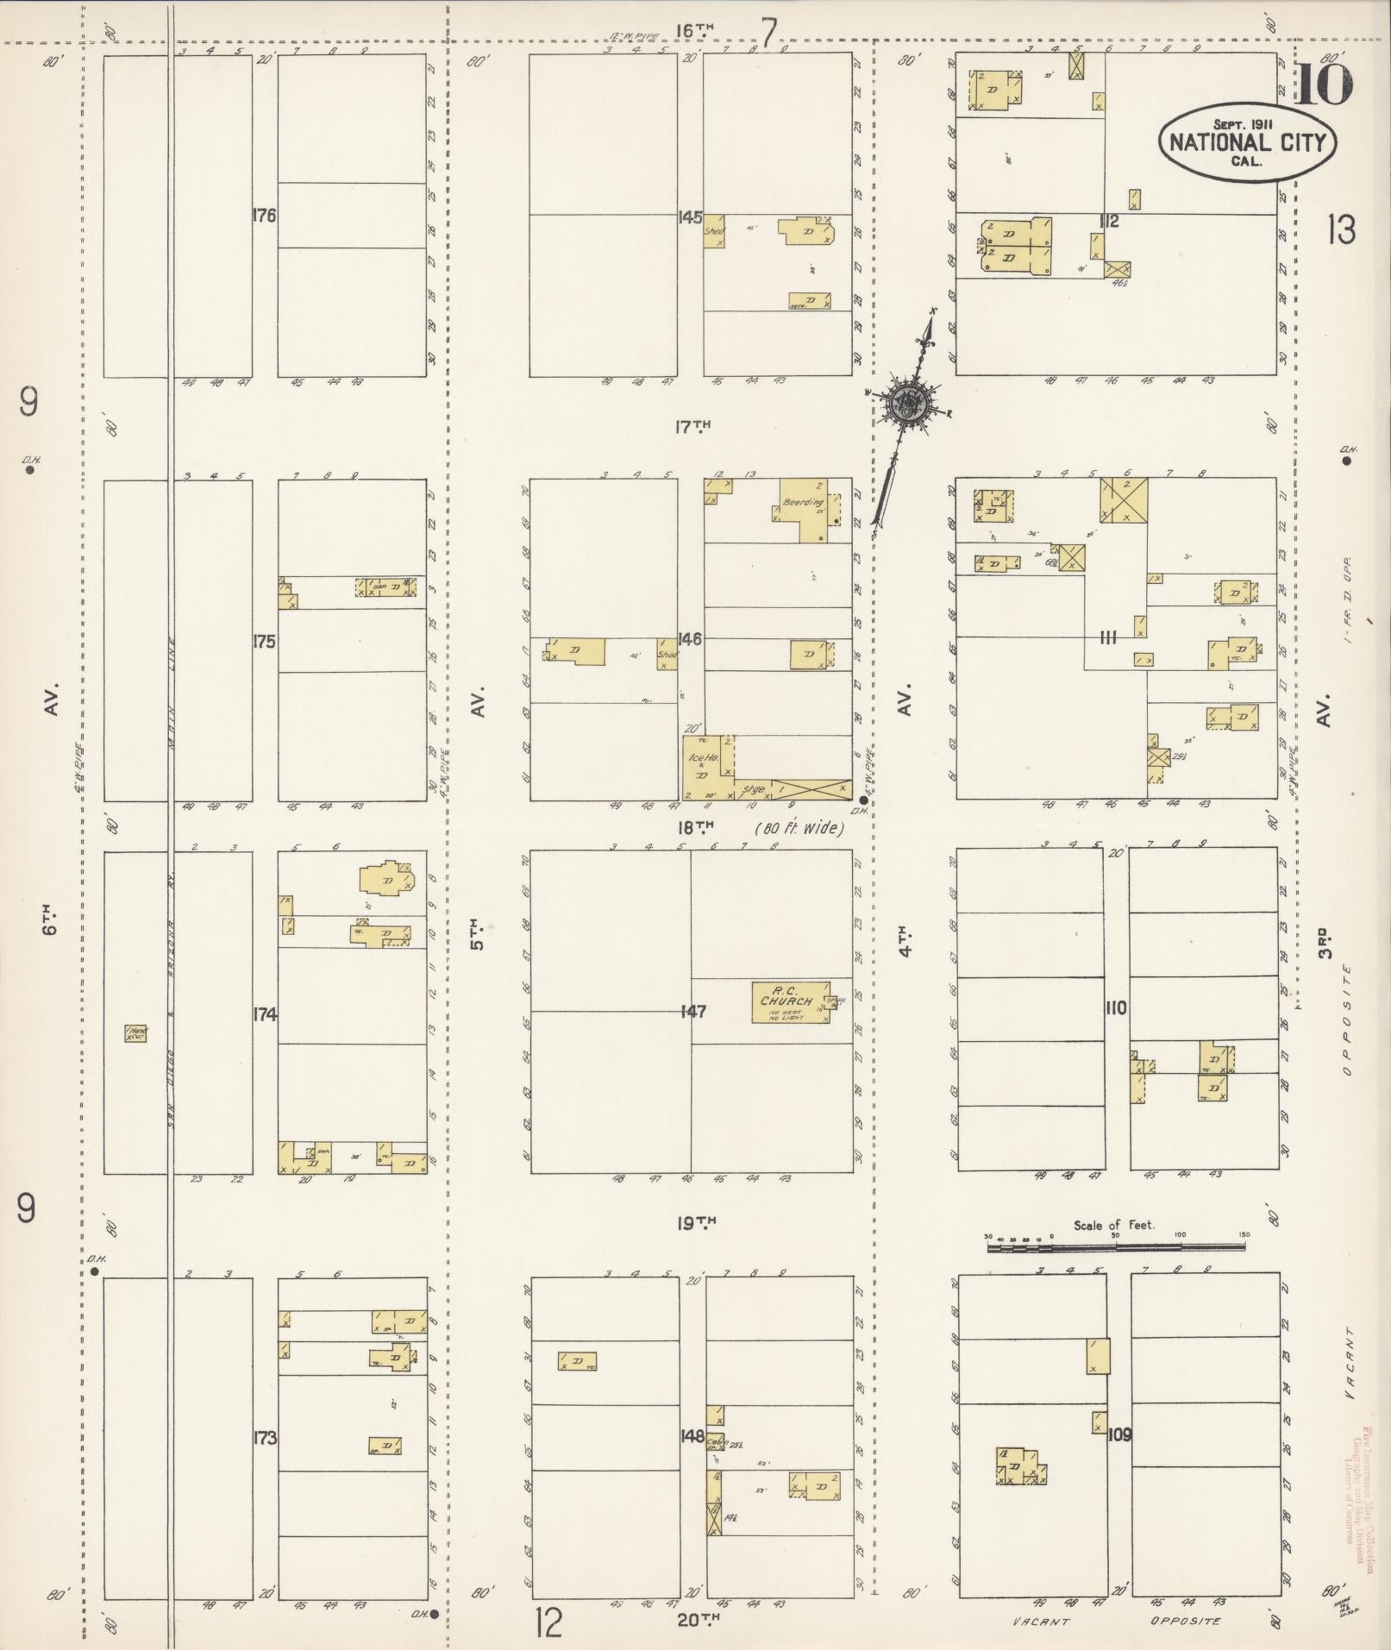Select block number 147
point(692,1011)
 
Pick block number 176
point(264,216)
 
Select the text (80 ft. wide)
point(799,829)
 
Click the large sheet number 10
point(1323,85)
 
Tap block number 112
point(1108,223)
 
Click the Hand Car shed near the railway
point(135,1032)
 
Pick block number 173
point(265,1437)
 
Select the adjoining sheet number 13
point(1341,230)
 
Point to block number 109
point(1119,1435)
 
